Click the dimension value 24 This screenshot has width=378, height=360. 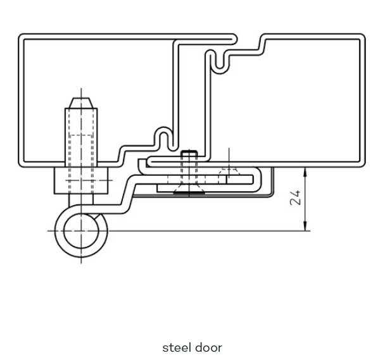pos(295,197)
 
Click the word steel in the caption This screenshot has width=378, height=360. pos(177,348)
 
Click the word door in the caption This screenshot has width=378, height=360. pos(208,348)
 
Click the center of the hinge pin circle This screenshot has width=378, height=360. pos(81,231)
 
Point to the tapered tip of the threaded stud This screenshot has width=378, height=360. pos(81,103)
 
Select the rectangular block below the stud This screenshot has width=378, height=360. pos(81,180)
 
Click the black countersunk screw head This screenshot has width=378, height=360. pos(189,192)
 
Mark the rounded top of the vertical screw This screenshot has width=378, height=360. pos(189,152)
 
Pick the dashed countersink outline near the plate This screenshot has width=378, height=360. pos(229,171)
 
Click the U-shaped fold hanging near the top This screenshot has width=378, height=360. pos(219,63)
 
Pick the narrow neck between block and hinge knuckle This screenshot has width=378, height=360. pos(81,199)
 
